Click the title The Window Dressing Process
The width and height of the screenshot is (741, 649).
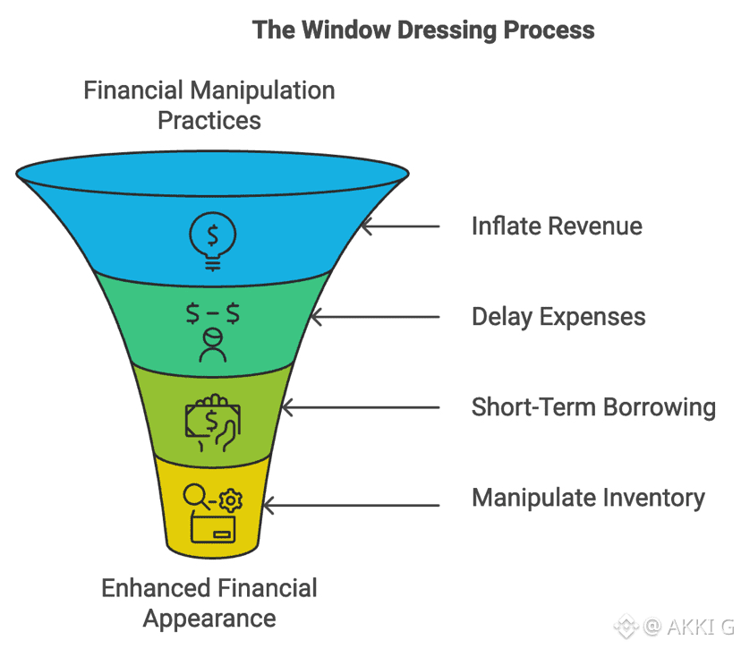pyautogui.click(x=423, y=30)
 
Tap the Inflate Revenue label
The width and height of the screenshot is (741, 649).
pyautogui.click(x=557, y=226)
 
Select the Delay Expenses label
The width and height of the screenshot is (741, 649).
pyautogui.click(x=558, y=316)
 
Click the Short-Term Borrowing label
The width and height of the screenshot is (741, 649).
pyautogui.click(x=593, y=407)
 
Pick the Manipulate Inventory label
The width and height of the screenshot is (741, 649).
pyautogui.click(x=588, y=498)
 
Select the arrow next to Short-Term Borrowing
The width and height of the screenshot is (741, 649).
pyautogui.click(x=358, y=407)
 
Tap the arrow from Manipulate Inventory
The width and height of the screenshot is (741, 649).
pyautogui.click(x=350, y=506)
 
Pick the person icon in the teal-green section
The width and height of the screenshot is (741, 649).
pyautogui.click(x=212, y=345)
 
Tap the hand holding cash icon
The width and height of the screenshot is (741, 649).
pyautogui.click(x=211, y=420)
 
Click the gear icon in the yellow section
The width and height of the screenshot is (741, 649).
pyautogui.click(x=230, y=499)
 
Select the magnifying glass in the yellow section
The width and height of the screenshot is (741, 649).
pyautogui.click(x=196, y=496)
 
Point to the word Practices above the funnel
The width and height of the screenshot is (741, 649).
pyautogui.click(x=209, y=120)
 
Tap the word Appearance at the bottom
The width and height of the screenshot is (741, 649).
pyautogui.click(x=209, y=618)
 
